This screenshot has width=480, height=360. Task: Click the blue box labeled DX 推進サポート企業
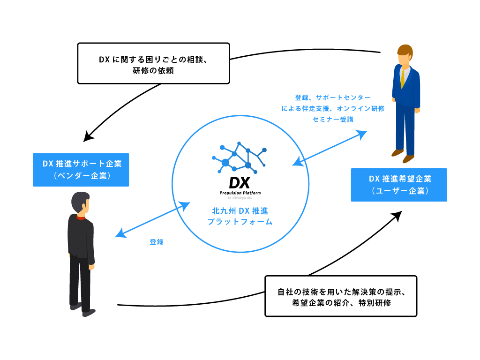pyautogui.click(x=81, y=170)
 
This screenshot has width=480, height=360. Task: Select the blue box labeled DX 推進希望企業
pyautogui.click(x=399, y=185)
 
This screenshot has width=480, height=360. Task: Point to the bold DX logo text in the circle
pyautogui.click(x=240, y=182)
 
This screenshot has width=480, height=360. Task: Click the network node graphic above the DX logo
pyautogui.click(x=240, y=157)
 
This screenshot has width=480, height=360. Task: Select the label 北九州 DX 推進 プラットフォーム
pyautogui.click(x=240, y=216)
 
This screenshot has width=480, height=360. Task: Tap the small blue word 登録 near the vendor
pyautogui.click(x=157, y=242)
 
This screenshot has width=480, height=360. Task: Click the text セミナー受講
pyautogui.click(x=333, y=119)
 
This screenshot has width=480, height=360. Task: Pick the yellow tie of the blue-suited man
pyautogui.click(x=402, y=78)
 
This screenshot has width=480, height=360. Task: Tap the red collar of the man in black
pyautogui.click(x=81, y=217)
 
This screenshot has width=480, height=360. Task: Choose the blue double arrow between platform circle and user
pyautogui.click(x=330, y=148)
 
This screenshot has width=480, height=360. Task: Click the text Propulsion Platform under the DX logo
pyautogui.click(x=240, y=193)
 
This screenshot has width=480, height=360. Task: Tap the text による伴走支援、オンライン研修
pyautogui.click(x=333, y=108)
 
